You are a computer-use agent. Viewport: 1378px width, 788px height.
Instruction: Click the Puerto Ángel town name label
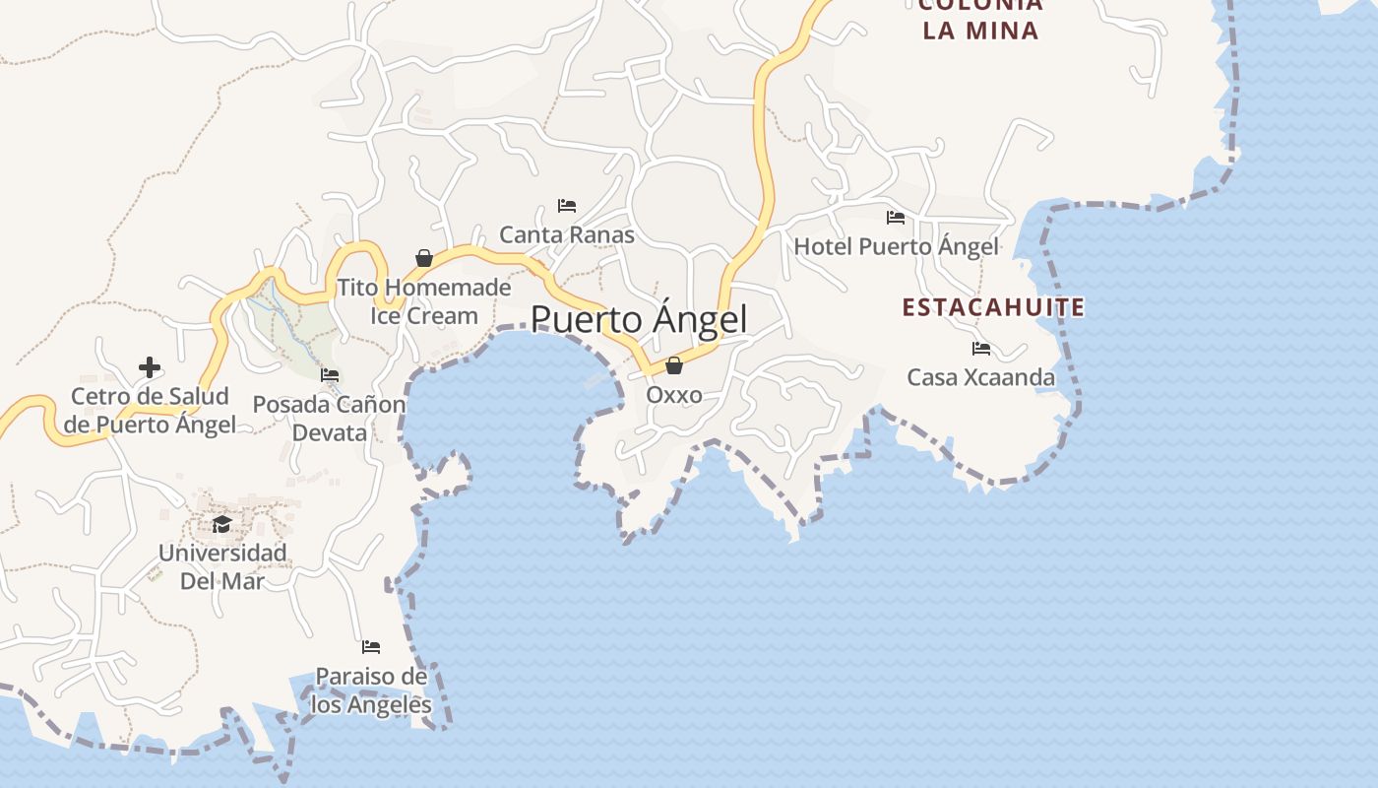point(639,320)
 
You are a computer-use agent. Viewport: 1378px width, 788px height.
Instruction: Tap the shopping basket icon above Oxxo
point(674,365)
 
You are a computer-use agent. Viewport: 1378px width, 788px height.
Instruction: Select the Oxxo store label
point(674,395)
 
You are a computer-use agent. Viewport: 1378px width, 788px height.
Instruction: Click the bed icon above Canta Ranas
point(567,206)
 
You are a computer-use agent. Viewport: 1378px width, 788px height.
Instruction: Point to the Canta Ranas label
point(567,234)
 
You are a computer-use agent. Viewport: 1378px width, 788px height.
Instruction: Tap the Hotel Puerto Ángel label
point(896,246)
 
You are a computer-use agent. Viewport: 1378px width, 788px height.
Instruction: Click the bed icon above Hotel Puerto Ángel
point(896,218)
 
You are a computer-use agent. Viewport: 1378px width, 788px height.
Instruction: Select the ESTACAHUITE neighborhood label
point(993,307)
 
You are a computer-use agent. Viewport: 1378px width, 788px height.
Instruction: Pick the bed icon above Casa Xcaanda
point(980,349)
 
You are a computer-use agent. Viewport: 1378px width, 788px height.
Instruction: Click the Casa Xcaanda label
point(980,377)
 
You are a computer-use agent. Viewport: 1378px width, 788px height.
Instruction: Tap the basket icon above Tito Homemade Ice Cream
point(424,258)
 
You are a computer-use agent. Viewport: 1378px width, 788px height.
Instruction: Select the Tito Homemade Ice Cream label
point(424,301)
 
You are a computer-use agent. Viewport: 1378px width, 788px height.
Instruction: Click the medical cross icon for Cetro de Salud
point(150,367)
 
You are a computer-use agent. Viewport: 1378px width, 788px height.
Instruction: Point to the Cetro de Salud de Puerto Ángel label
point(150,411)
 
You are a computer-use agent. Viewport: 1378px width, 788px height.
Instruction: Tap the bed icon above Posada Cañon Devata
point(330,375)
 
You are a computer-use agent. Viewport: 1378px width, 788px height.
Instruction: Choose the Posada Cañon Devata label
point(329,419)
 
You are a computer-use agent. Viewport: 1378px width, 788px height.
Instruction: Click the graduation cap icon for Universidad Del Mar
point(222,524)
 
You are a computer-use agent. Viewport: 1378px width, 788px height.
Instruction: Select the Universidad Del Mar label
point(222,566)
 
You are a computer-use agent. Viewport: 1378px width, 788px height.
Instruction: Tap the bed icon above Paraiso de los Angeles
point(371,647)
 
